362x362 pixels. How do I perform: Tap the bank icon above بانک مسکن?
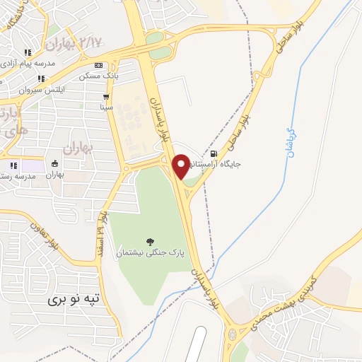coord(107,64)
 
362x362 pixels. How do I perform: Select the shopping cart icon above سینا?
coord(106,98)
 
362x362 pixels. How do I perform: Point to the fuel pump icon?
coord(213,153)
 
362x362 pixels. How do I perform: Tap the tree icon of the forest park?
coord(148,242)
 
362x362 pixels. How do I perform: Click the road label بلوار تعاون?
coord(45,235)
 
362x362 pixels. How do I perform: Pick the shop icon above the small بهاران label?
coord(55,164)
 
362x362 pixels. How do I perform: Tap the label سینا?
coord(106,107)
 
